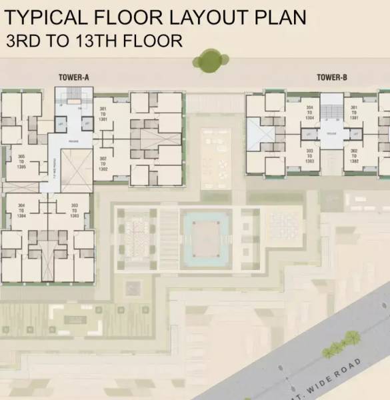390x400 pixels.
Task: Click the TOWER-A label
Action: (x=73, y=77)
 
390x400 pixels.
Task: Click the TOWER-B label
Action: (x=332, y=77)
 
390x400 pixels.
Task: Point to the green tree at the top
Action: (x=210, y=60)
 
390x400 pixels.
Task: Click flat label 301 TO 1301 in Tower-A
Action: (x=103, y=113)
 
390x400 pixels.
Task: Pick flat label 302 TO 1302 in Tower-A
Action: (x=103, y=163)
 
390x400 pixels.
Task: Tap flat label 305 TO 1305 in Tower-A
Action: (x=21, y=162)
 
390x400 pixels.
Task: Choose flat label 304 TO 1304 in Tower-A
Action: (x=21, y=210)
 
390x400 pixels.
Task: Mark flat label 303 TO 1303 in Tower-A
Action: (x=74, y=210)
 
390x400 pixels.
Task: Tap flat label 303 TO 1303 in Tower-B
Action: (x=309, y=156)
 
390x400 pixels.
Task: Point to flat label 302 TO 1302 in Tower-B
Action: (x=354, y=156)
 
